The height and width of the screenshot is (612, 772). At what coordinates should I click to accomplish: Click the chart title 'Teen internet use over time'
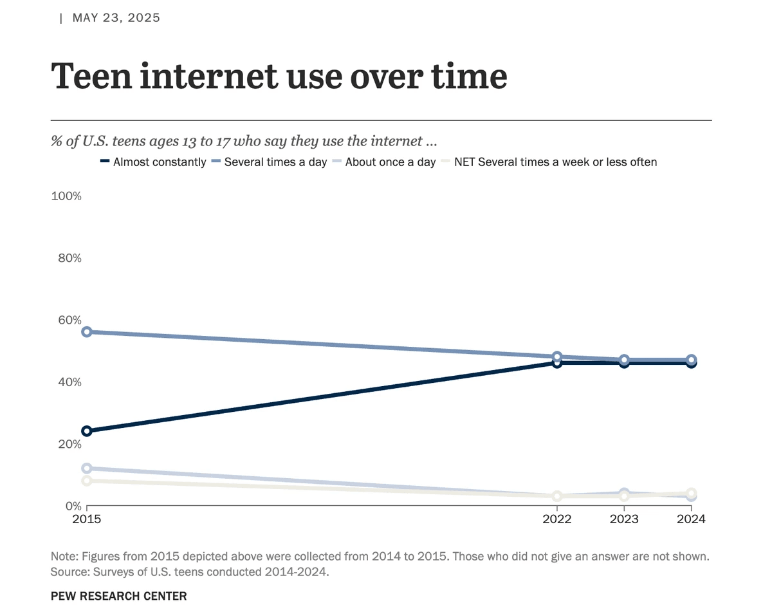(x=279, y=77)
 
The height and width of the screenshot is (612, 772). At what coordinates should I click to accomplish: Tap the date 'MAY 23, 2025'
(x=116, y=18)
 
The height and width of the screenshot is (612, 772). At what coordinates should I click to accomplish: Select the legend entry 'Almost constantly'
(x=159, y=162)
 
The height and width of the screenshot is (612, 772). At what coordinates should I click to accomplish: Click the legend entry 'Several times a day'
(x=275, y=162)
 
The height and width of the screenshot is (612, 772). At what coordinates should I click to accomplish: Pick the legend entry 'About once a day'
(x=390, y=162)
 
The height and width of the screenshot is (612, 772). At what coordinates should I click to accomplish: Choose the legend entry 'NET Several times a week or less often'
(x=555, y=162)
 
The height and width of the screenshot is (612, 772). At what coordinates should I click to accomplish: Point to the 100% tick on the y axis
(x=66, y=196)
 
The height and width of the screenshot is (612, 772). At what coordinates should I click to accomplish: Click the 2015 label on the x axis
(x=87, y=519)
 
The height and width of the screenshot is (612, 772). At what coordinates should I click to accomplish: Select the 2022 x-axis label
(x=557, y=519)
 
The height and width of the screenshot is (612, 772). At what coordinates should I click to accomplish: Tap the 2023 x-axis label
(x=624, y=519)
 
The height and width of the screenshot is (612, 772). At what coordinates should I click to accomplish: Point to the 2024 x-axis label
(x=691, y=519)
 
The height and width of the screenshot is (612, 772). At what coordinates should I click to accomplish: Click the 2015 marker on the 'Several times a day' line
(x=87, y=332)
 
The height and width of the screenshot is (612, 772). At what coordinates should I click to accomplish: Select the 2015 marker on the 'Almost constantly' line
(x=87, y=431)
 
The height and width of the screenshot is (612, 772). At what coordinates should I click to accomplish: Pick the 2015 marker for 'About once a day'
(x=87, y=468)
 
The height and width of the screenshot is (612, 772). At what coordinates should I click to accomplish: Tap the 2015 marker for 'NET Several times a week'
(x=87, y=481)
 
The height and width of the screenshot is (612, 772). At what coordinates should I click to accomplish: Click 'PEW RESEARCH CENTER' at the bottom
(x=118, y=596)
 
